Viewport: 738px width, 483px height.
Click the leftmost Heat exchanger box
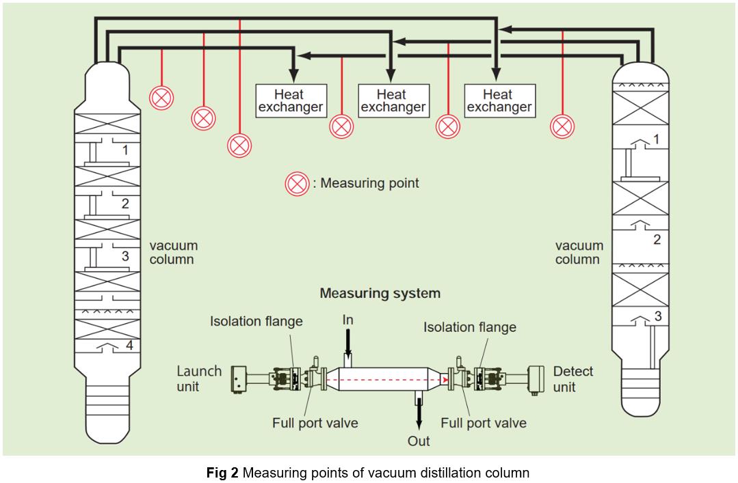(290, 100)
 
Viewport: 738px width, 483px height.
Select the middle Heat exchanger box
(393, 100)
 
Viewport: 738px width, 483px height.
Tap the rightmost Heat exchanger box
(499, 100)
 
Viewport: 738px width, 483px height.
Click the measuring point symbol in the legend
(297, 184)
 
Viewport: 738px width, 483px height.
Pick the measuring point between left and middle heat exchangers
(341, 126)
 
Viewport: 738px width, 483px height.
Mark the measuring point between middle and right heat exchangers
(448, 126)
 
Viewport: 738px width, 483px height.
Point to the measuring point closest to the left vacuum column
(161, 98)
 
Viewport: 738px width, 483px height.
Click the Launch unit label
(199, 378)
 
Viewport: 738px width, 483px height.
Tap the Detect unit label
(573, 378)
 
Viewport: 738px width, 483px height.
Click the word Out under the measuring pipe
(419, 441)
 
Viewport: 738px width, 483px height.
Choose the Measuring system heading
(380, 293)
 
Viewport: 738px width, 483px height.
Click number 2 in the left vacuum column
(125, 203)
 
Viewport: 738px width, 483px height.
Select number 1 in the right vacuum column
(657, 139)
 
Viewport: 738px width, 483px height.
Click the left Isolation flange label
(256, 321)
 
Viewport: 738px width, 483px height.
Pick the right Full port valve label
(483, 423)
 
